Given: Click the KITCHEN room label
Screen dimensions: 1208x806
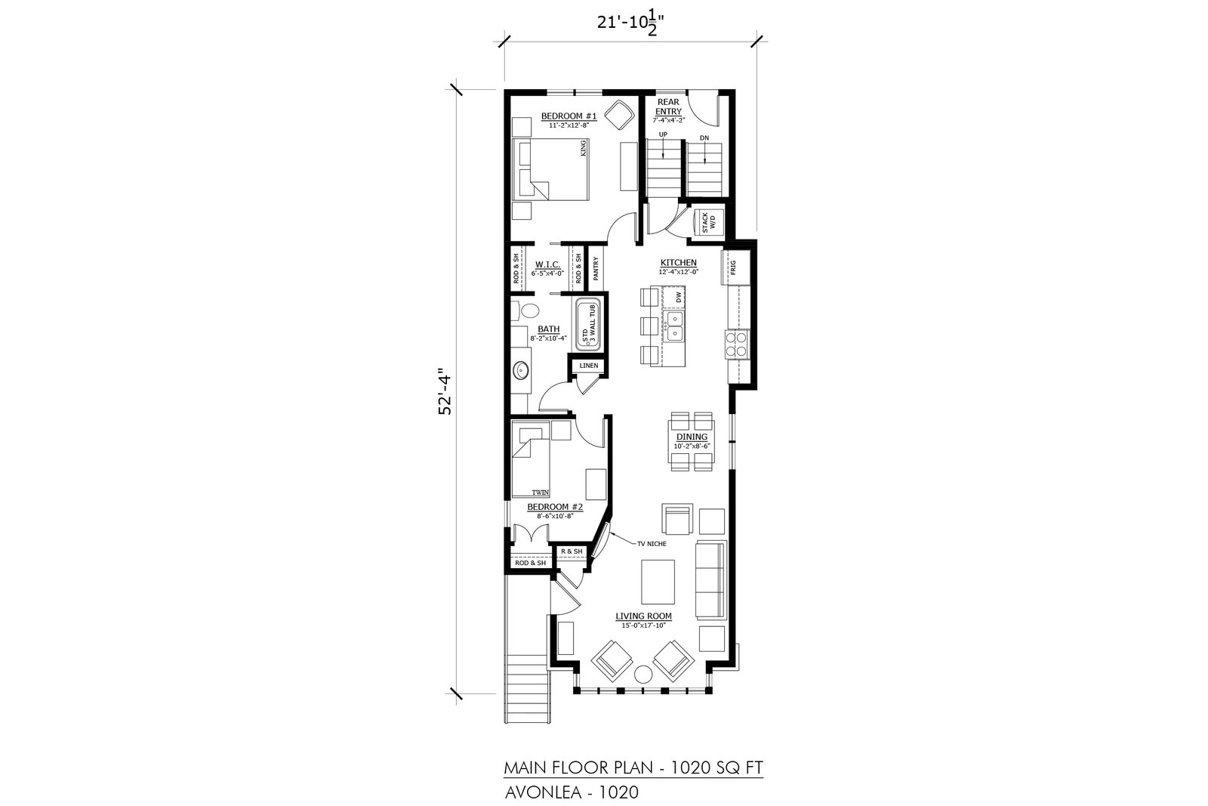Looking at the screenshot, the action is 679,263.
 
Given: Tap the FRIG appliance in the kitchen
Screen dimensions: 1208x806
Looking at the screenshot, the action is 735,267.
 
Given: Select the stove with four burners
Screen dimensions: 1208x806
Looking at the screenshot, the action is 737,344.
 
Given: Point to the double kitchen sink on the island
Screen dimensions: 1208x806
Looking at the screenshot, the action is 673,326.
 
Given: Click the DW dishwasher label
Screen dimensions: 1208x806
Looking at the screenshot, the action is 679,296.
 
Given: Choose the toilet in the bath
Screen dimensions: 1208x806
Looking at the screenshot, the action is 525,310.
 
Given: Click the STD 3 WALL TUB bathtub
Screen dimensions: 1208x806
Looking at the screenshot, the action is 588,324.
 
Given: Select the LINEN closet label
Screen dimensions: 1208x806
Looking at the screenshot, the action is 588,366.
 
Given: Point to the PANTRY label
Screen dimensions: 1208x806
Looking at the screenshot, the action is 596,268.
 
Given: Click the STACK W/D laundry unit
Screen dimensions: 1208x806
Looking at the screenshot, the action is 708,222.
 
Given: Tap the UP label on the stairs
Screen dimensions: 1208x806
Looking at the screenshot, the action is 663,134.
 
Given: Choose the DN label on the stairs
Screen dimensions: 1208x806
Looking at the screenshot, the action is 704,138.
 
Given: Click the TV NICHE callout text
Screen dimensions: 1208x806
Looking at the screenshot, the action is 652,543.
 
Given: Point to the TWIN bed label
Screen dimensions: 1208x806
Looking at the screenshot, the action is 540,493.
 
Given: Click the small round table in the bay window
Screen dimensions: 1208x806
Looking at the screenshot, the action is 643,675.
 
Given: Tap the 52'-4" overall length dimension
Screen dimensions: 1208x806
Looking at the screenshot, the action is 445,392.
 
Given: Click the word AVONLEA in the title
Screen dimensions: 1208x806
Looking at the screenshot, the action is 543,792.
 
